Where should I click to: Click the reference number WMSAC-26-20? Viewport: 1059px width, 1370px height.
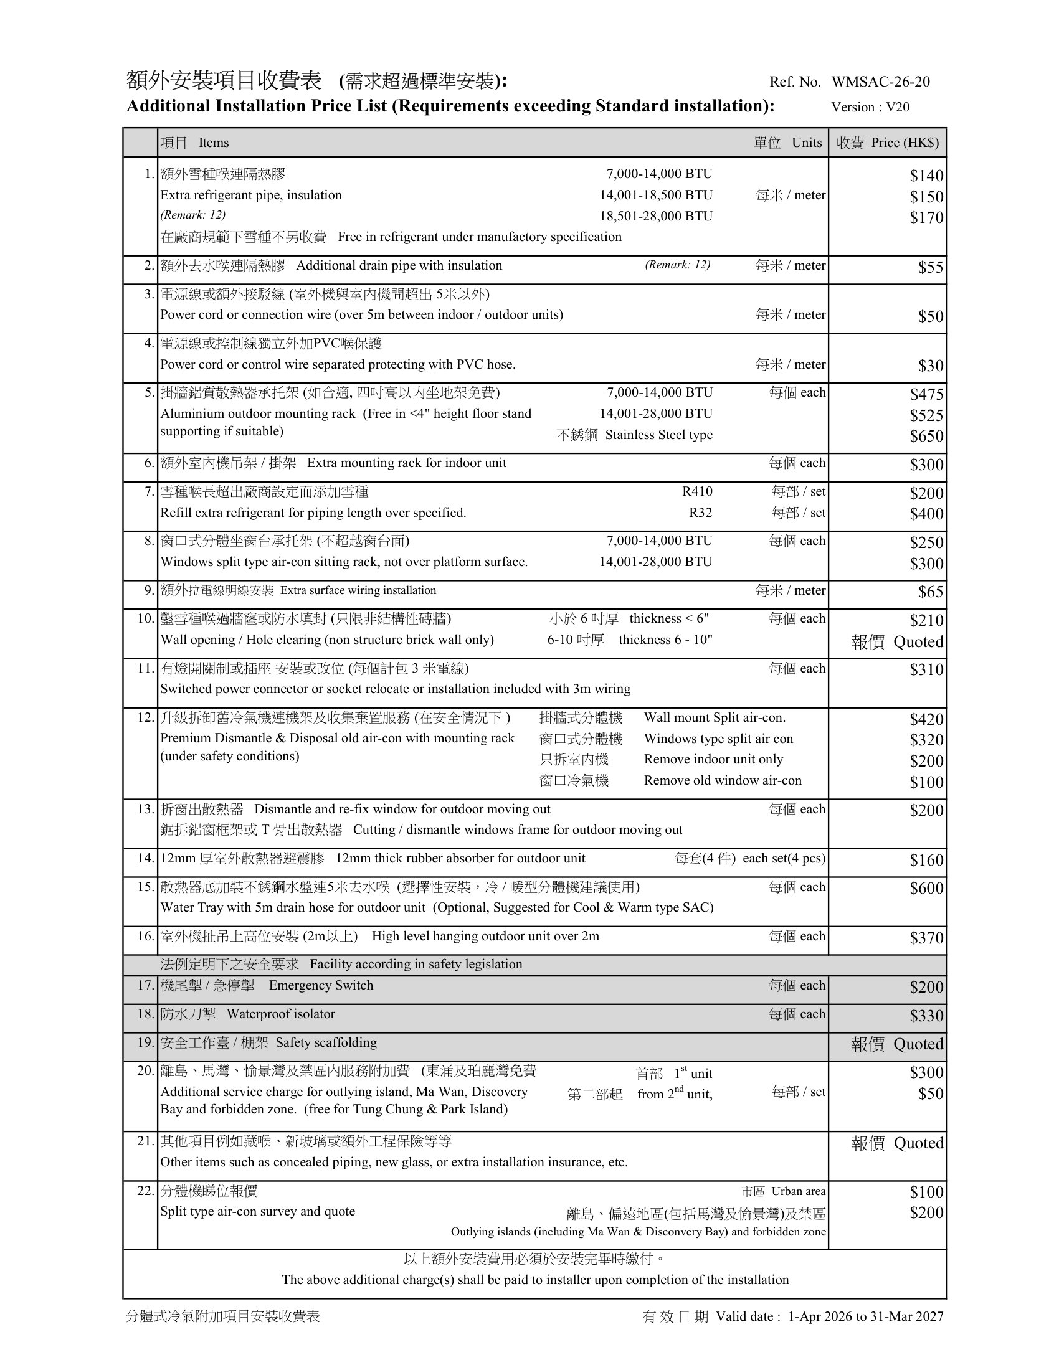pyautogui.click(x=880, y=82)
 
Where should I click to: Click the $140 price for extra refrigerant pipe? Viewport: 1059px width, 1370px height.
pyautogui.click(x=927, y=176)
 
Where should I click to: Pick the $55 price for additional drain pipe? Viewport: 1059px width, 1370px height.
pyautogui.click(x=931, y=267)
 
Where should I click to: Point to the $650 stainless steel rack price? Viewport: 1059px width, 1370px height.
pyautogui.click(x=927, y=436)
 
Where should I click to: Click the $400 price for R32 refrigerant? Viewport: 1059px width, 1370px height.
pyautogui.click(x=927, y=514)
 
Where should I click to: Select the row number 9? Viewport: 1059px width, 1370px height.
pyautogui.click(x=149, y=590)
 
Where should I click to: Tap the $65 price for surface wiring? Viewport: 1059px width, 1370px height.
pyautogui.click(x=931, y=592)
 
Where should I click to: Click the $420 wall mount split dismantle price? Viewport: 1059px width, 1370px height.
pyautogui.click(x=927, y=719)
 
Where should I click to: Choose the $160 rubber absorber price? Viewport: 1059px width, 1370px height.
pyautogui.click(x=927, y=859)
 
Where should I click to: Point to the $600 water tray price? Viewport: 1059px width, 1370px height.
pyautogui.click(x=927, y=888)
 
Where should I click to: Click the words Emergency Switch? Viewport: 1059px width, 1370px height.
pyautogui.click(x=321, y=986)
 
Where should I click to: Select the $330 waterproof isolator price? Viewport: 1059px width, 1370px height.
pyautogui.click(x=927, y=1016)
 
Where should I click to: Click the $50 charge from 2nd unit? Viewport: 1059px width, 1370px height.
pyautogui.click(x=931, y=1094)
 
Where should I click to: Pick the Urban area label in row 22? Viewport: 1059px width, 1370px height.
pyautogui.click(x=798, y=1191)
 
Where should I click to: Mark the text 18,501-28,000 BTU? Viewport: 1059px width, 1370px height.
pyautogui.click(x=656, y=217)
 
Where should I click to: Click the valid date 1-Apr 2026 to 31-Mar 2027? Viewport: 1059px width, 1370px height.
pyautogui.click(x=865, y=1316)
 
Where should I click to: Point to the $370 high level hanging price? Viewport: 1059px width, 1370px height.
pyautogui.click(x=927, y=938)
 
